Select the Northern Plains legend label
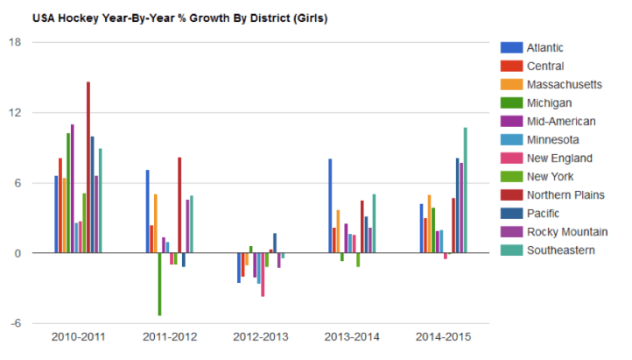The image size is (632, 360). click(565, 194)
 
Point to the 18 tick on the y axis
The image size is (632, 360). click(17, 42)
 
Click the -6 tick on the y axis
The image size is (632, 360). click(17, 323)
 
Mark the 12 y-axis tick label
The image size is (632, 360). click(17, 113)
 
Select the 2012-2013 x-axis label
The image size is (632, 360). click(260, 337)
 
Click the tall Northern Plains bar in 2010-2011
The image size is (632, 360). click(88, 166)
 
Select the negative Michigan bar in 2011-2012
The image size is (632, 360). click(159, 284)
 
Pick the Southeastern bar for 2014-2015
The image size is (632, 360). click(465, 190)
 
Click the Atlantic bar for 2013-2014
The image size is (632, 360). click(330, 206)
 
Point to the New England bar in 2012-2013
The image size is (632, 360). click(263, 274)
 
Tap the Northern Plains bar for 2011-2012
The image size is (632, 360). click(179, 205)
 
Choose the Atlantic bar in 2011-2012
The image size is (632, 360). click(147, 211)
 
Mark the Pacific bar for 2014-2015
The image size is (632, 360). click(457, 205)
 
